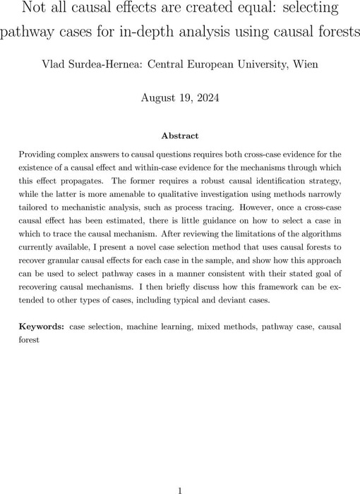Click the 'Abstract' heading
tap(179, 136)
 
